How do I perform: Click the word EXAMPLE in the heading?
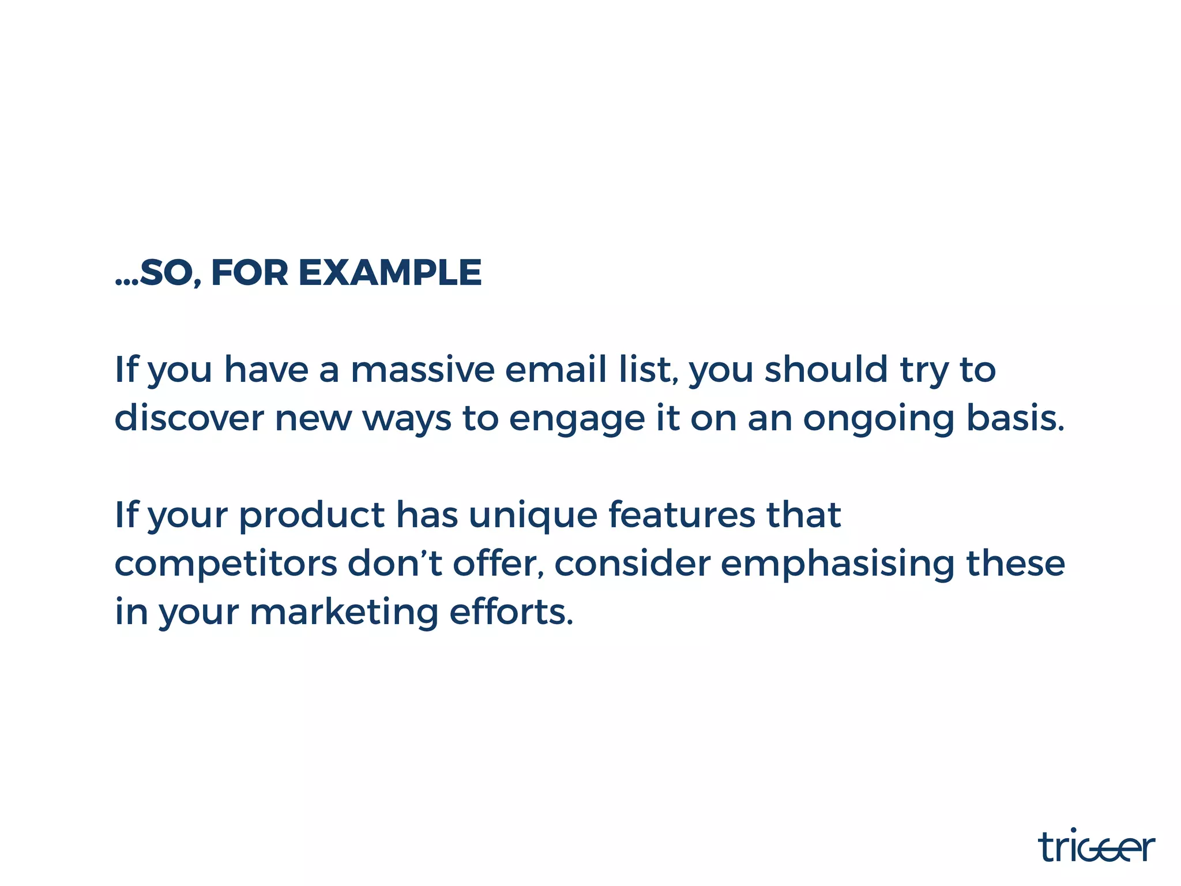click(x=390, y=273)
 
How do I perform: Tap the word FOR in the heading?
click(x=249, y=273)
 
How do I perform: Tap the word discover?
click(x=189, y=418)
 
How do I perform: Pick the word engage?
click(x=577, y=419)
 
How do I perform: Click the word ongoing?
click(x=879, y=419)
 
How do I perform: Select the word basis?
click(x=1015, y=418)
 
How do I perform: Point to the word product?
click(x=312, y=515)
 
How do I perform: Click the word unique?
click(x=533, y=515)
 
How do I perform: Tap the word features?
click(x=682, y=515)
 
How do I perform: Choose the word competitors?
click(x=226, y=564)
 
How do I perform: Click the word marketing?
click(x=344, y=613)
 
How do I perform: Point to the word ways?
click(x=407, y=419)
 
